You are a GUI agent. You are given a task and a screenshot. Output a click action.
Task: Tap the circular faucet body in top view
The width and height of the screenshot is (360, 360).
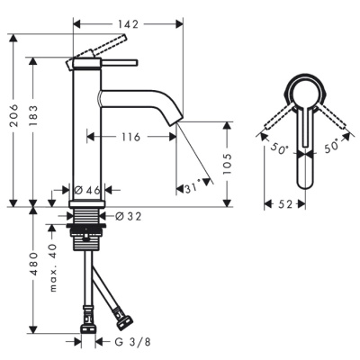click(304, 93)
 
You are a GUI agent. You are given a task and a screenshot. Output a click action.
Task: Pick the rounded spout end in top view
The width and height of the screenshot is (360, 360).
click(304, 175)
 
